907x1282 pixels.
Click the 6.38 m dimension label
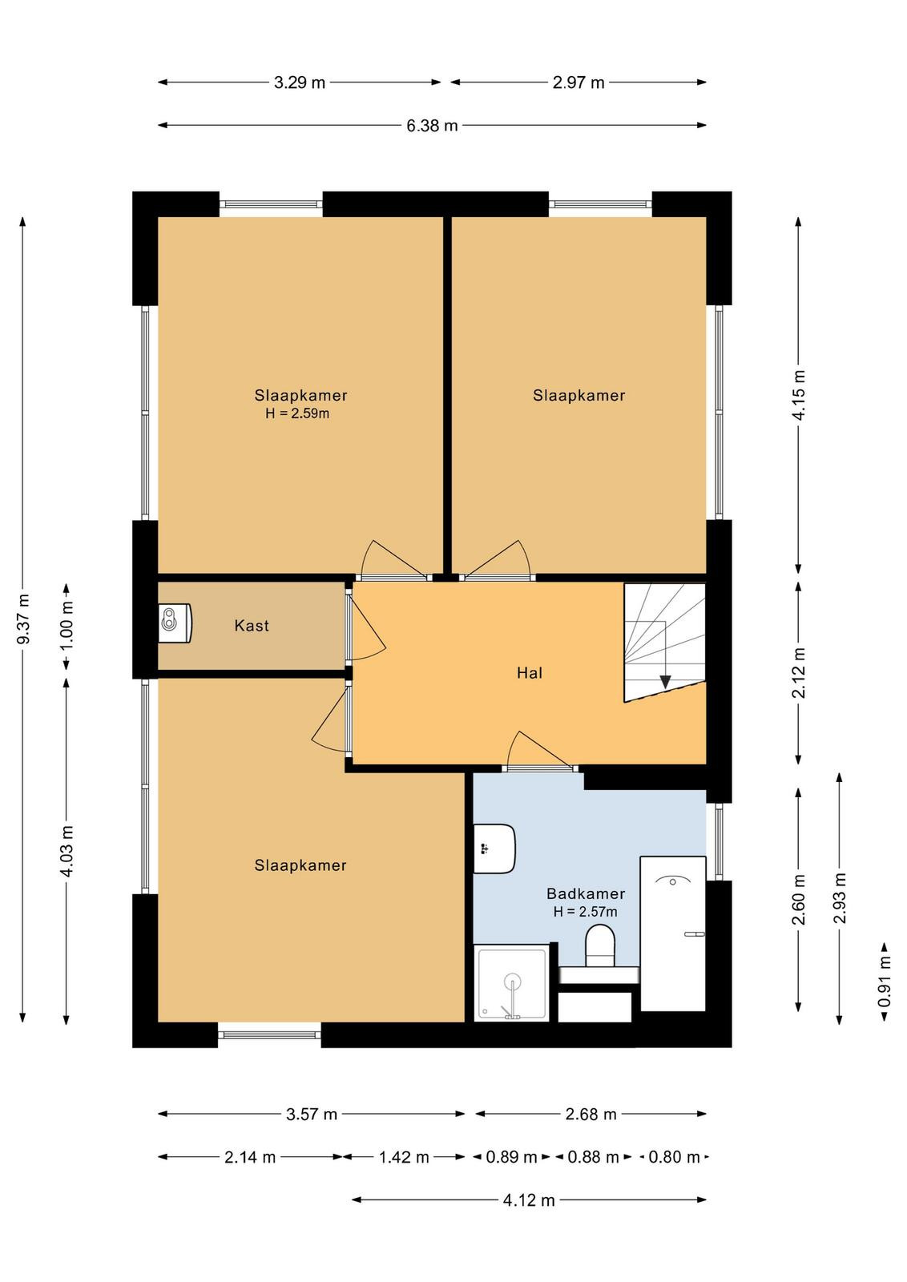click(432, 125)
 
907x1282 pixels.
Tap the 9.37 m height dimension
click(23, 619)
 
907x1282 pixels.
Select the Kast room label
click(252, 626)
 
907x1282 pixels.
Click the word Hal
click(530, 673)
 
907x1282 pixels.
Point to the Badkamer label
click(586, 893)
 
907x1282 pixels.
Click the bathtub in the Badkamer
click(672, 934)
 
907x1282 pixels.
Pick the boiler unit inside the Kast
click(175, 624)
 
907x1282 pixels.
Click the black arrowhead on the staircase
click(665, 682)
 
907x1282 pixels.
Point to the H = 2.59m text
click(297, 413)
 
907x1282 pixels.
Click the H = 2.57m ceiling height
click(585, 912)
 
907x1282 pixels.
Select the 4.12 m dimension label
click(529, 1200)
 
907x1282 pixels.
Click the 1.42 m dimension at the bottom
click(404, 1157)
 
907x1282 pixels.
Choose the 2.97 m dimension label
click(578, 83)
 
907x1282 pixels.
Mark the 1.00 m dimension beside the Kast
click(67, 627)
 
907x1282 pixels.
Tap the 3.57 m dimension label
click(312, 1115)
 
